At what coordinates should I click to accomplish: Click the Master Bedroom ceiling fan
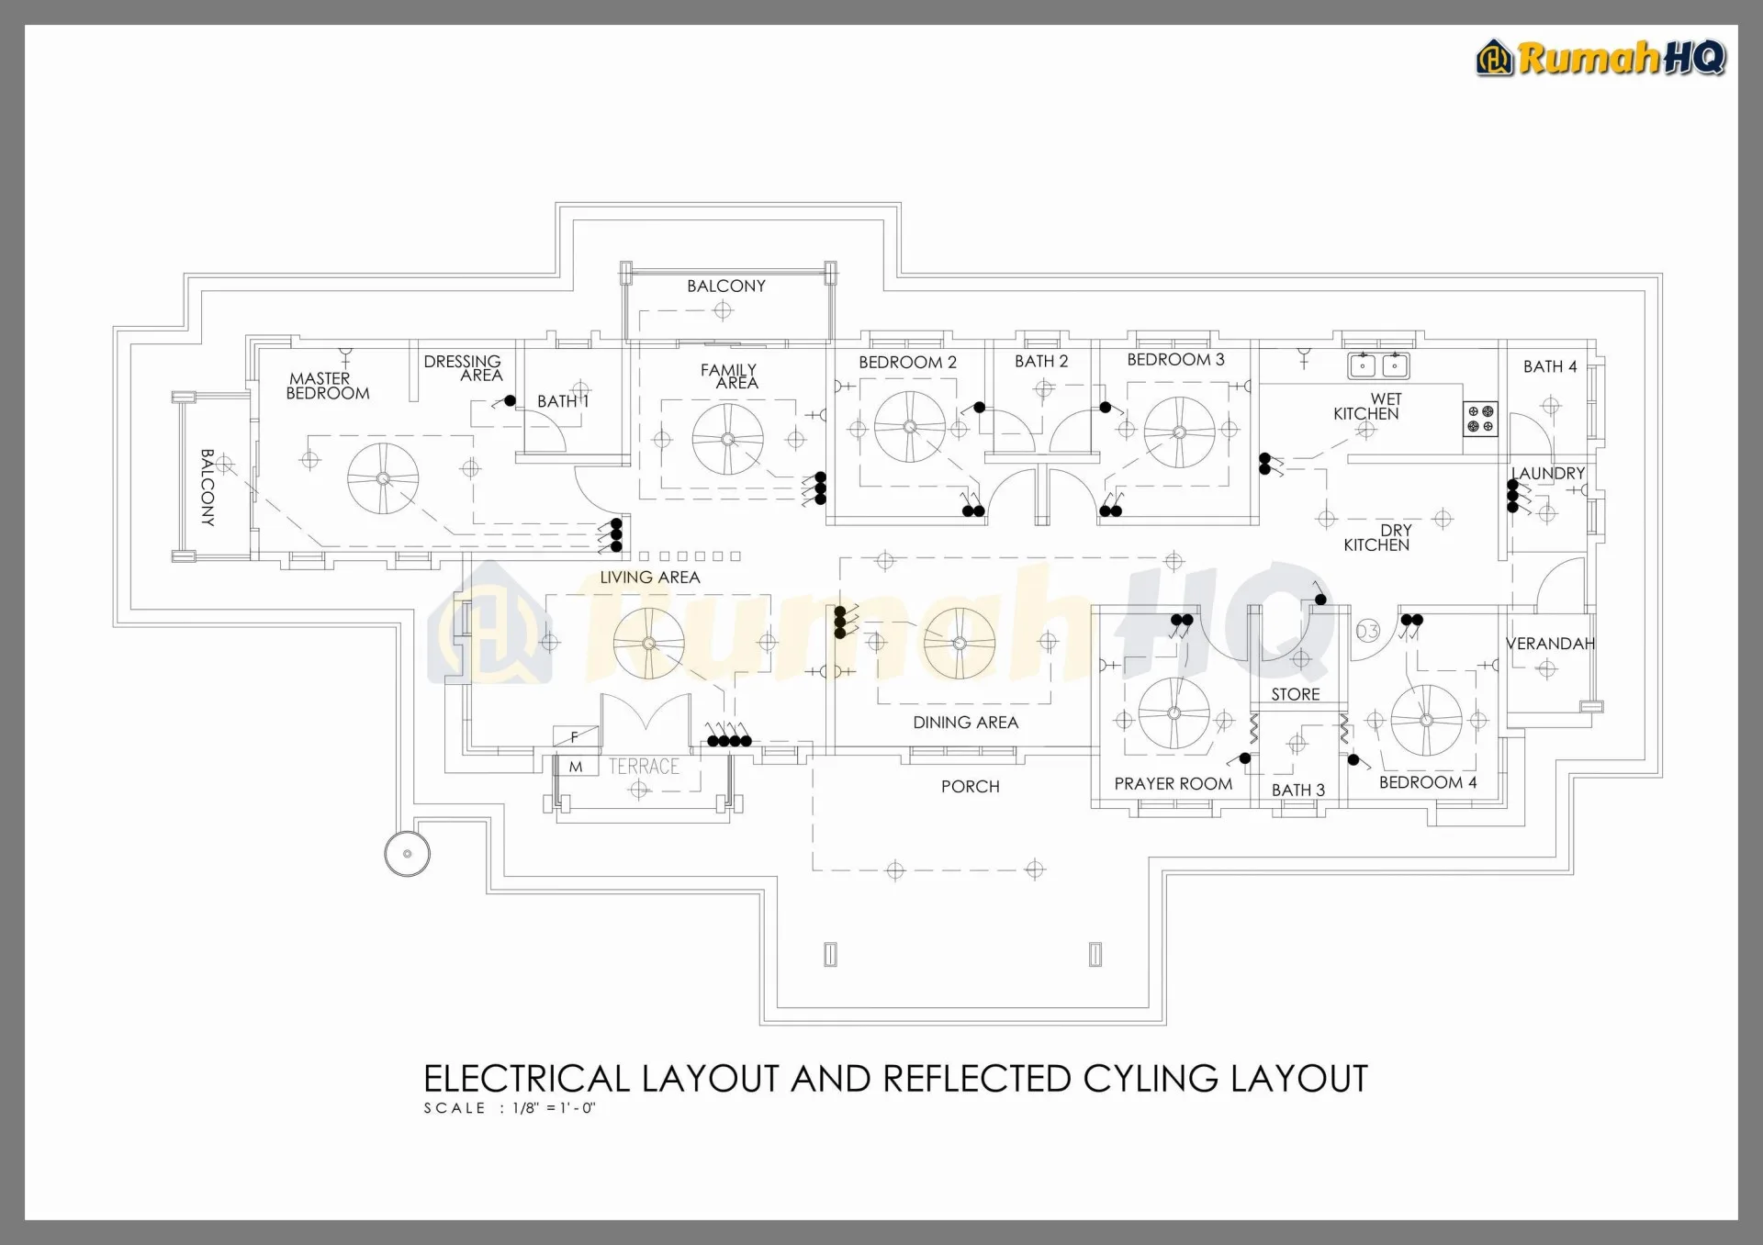(x=383, y=478)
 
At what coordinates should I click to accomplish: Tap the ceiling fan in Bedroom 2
(x=909, y=427)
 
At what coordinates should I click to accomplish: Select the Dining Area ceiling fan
(x=960, y=644)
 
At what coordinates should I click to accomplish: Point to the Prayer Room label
(x=1173, y=783)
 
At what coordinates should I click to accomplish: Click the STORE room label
(x=1295, y=694)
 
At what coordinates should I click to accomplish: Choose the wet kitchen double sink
(x=1378, y=365)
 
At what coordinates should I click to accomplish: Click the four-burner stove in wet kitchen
(x=1480, y=419)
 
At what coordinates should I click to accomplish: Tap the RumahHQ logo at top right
(x=1601, y=58)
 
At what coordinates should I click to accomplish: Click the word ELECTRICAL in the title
(x=526, y=1078)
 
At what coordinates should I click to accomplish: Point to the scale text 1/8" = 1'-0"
(x=555, y=1108)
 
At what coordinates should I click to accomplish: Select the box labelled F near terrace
(x=576, y=736)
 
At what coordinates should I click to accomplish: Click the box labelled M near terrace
(x=576, y=767)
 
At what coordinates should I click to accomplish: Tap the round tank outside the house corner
(x=407, y=853)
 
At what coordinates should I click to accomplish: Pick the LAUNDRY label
(x=1548, y=473)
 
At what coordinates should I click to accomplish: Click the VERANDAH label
(x=1550, y=644)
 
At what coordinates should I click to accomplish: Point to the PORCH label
(x=970, y=786)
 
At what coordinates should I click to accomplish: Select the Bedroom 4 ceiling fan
(x=1426, y=721)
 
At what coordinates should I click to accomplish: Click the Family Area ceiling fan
(x=727, y=439)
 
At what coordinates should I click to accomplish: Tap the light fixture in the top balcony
(x=723, y=310)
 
